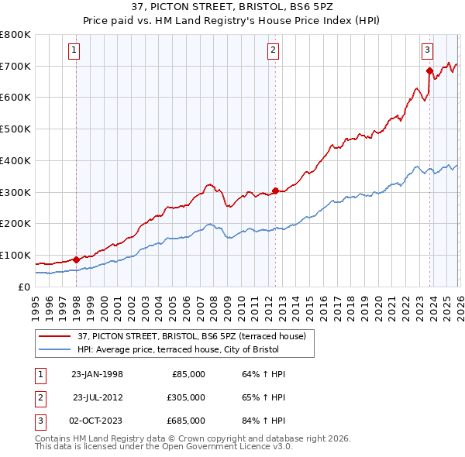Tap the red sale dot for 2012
pyautogui.click(x=275, y=190)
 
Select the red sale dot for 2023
pyautogui.click(x=429, y=70)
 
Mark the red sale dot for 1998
pyautogui.click(x=76, y=259)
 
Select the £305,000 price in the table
pyautogui.click(x=186, y=397)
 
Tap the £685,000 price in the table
pyautogui.click(x=186, y=421)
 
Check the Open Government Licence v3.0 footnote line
pyautogui.click(x=164, y=447)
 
